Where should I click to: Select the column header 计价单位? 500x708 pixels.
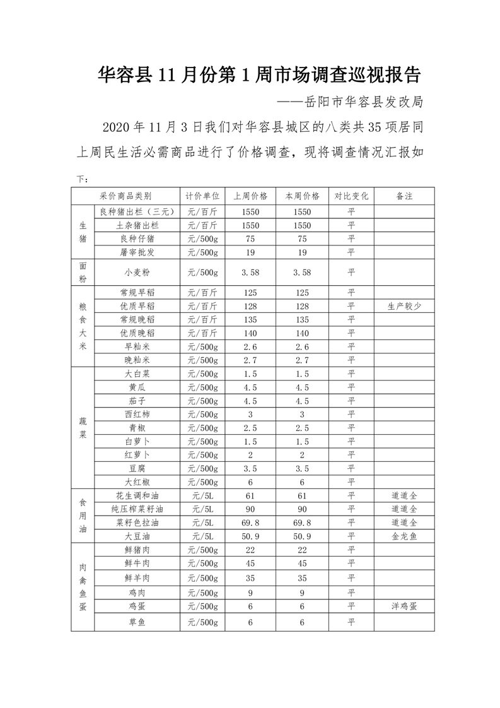click(202, 196)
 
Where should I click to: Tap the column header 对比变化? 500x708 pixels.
click(351, 196)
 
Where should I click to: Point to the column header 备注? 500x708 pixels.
click(404, 196)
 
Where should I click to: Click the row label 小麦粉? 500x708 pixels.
click(137, 273)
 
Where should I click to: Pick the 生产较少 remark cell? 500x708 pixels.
click(404, 306)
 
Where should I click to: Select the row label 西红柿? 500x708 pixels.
click(137, 414)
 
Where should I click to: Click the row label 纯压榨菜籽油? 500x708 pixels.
click(137, 509)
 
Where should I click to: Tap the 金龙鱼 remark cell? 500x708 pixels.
click(404, 536)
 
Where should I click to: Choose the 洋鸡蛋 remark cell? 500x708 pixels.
click(404, 606)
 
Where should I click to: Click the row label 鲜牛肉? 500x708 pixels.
click(137, 563)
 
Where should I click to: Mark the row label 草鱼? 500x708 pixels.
click(137, 622)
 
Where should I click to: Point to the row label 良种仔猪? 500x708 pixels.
click(137, 239)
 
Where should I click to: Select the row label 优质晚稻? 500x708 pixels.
click(137, 333)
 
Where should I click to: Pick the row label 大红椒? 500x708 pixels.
click(137, 481)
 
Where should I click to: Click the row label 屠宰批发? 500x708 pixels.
click(137, 252)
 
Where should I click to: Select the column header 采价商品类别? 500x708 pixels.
click(125, 196)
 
